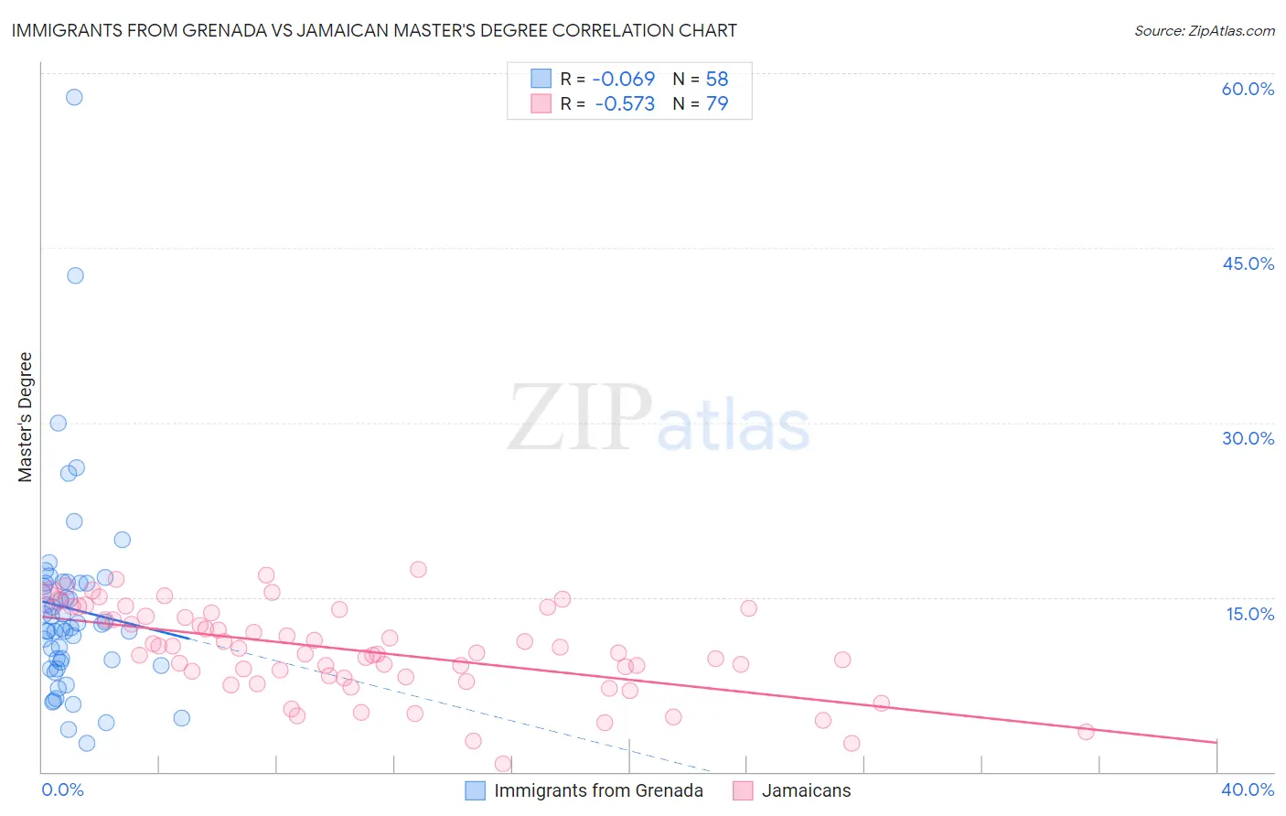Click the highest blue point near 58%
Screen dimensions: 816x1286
point(74,97)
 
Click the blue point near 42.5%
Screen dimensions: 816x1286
point(75,275)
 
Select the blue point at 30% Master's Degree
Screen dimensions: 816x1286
point(58,423)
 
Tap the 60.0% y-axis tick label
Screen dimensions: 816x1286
point(1248,89)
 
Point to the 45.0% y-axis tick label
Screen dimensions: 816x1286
point(1248,263)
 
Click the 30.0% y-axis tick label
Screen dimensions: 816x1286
point(1248,438)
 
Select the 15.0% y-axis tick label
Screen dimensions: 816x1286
point(1249,614)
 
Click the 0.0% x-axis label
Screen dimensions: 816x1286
point(62,790)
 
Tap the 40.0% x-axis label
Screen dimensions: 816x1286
point(1248,790)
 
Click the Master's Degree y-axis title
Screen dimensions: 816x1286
point(26,417)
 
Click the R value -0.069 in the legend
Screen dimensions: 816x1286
point(624,80)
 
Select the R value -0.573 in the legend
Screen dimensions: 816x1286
point(625,104)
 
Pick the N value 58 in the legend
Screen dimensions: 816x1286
point(717,80)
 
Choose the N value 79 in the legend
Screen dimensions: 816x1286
point(717,104)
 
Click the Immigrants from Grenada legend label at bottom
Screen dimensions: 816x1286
point(598,791)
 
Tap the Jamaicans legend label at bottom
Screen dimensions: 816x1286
point(806,791)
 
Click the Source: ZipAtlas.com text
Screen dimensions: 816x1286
point(1204,31)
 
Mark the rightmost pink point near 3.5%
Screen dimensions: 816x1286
point(1086,732)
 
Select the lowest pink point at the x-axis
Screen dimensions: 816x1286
point(502,764)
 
